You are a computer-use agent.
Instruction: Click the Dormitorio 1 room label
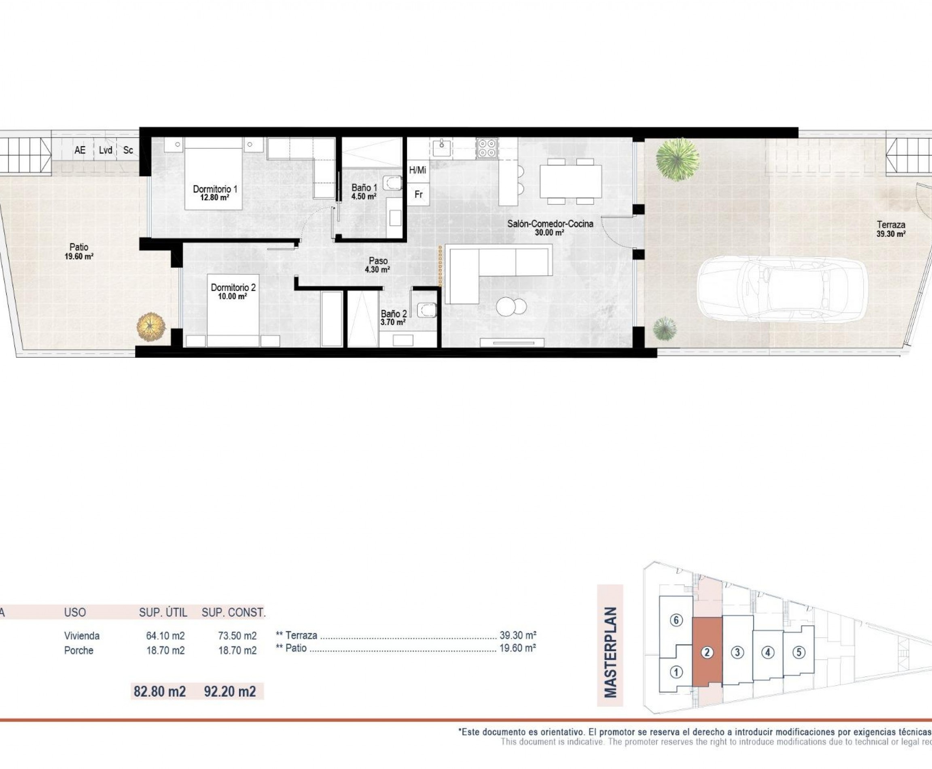pos(215,193)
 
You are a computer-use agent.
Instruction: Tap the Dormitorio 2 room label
pos(233,291)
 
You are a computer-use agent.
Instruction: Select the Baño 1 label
pos(364,192)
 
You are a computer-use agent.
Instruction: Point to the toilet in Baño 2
pos(426,310)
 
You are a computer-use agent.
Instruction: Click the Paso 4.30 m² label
pos(378,265)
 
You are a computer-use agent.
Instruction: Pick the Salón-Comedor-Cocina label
pos(550,227)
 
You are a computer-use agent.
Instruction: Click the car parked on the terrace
pos(782,289)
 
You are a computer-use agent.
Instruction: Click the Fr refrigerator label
pos(418,194)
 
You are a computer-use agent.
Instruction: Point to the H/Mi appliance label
pos(417,170)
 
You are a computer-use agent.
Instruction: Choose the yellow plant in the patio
pos(151,327)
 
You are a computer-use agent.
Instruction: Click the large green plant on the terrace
pos(677,159)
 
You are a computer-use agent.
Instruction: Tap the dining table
pos(570,181)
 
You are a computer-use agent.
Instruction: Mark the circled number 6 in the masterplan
pos(676,620)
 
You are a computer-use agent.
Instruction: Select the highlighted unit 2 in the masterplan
pos(707,652)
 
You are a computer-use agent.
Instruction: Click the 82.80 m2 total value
pos(159,691)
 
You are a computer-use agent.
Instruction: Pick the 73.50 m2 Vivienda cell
pos(237,636)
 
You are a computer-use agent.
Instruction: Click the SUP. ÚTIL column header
pos(163,613)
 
